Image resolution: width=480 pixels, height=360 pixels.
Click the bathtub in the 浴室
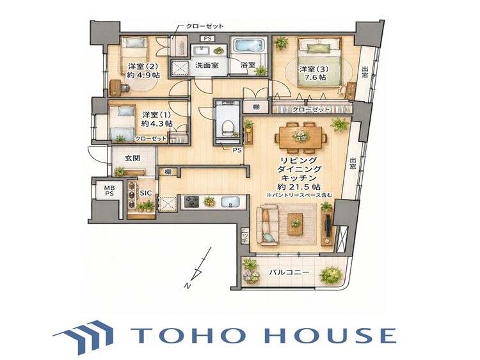pos(249,47)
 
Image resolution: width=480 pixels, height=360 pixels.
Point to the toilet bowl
pos(227,128)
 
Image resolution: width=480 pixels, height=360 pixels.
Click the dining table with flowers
pos(300,137)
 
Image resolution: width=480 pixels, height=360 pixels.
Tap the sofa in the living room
pos(267,225)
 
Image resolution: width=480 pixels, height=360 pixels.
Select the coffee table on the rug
pos(296,224)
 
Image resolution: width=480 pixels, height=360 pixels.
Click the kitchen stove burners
pos(191,202)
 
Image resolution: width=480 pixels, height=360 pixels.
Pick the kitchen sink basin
pos(229,202)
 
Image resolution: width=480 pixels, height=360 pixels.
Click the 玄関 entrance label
pos(132,158)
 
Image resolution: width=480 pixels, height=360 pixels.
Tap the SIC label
pos(146,193)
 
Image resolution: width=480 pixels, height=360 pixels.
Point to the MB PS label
pos(109,191)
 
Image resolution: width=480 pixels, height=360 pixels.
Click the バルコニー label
pos(289,272)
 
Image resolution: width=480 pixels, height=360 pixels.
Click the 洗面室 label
pos(207,65)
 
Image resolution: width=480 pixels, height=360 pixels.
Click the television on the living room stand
pos(328,226)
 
